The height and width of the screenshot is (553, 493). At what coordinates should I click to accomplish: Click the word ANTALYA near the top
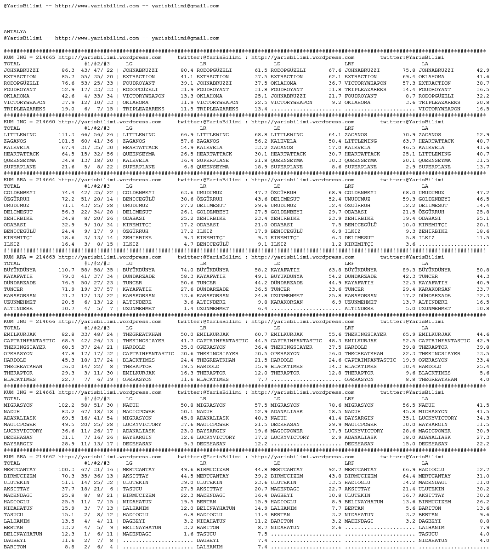(15, 32)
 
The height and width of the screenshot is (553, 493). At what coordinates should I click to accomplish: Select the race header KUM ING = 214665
(29, 58)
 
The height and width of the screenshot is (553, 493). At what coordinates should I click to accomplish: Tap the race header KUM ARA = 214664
(29, 180)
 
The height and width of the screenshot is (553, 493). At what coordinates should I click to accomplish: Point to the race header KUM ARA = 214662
(29, 457)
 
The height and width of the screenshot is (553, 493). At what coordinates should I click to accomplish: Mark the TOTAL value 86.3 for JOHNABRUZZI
(68, 70)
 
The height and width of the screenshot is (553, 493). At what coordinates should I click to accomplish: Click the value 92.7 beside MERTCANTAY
(335, 470)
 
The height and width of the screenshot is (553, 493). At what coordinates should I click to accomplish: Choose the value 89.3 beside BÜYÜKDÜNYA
(409, 270)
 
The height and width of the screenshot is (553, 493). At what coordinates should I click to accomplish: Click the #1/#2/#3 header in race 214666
(97, 328)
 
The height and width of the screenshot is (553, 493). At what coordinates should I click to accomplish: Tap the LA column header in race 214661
(425, 399)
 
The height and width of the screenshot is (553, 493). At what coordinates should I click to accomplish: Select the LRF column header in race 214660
(349, 128)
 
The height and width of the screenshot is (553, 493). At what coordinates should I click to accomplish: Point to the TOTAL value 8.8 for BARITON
(69, 547)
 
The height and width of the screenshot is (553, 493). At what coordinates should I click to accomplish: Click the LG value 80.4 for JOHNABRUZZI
(187, 70)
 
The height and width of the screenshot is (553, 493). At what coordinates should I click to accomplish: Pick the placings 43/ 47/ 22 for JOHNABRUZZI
(97, 70)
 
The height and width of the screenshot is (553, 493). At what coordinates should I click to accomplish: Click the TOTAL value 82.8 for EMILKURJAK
(68, 334)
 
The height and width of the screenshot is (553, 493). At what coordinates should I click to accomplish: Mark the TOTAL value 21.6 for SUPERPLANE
(68, 167)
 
